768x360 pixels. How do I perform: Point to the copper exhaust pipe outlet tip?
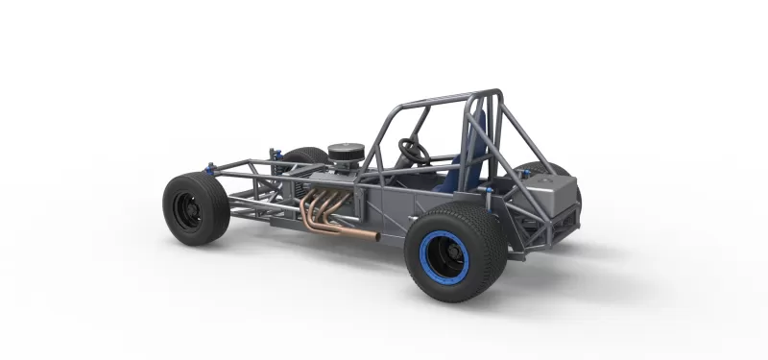(376, 236)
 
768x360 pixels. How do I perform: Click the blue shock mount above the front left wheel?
(207, 168)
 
